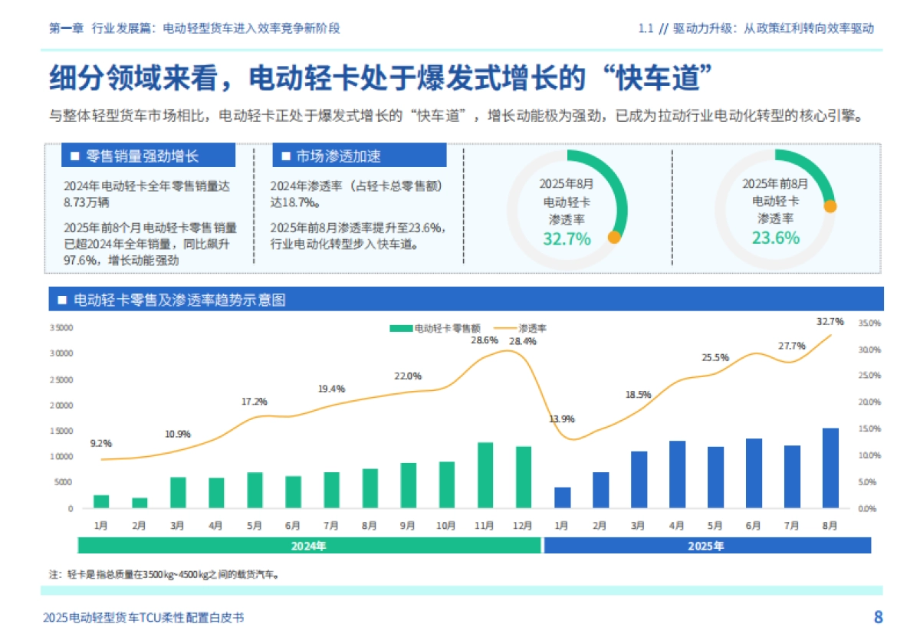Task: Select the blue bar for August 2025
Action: tap(830, 468)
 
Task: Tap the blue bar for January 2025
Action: tap(562, 497)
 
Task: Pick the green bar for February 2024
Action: tap(140, 503)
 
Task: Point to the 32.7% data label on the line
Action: tap(830, 321)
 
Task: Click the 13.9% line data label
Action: tap(562, 419)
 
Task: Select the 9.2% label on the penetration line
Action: tap(100, 443)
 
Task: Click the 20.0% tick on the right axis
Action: tap(869, 402)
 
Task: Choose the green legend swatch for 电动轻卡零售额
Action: tap(400, 328)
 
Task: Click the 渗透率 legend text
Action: tap(532, 328)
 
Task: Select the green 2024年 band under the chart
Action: tap(309, 546)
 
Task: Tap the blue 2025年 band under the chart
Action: tap(707, 546)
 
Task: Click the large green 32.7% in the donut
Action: tap(567, 238)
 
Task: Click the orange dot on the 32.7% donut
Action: tap(613, 237)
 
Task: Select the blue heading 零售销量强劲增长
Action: tap(149, 156)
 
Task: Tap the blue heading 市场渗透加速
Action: tap(359, 156)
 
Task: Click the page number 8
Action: tap(878, 617)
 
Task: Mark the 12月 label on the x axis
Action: tap(524, 526)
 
